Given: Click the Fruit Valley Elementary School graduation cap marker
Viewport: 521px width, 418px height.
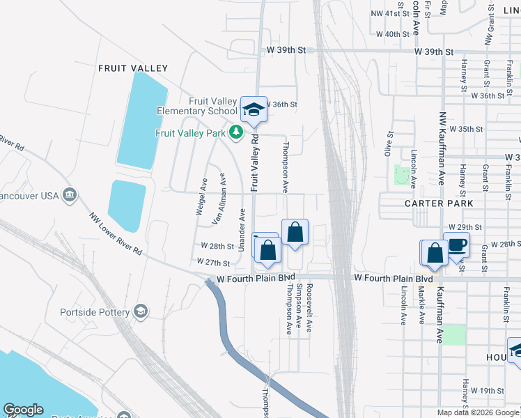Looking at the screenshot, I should click(x=254, y=109).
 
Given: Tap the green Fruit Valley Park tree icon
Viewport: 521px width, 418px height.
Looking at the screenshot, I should click(x=236, y=132).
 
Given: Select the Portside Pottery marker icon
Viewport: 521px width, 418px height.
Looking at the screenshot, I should click(x=141, y=311).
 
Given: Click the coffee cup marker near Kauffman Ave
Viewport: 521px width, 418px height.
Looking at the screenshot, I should click(x=456, y=245).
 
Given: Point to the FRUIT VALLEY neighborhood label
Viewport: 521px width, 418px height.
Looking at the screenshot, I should click(x=133, y=68).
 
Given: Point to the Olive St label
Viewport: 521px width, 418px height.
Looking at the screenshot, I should click(x=391, y=141).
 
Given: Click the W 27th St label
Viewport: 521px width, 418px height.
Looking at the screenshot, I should click(x=213, y=263).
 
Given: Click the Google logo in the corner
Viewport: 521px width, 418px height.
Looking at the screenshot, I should click(x=23, y=410).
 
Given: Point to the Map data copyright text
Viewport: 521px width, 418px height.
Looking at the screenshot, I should click(x=478, y=412).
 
